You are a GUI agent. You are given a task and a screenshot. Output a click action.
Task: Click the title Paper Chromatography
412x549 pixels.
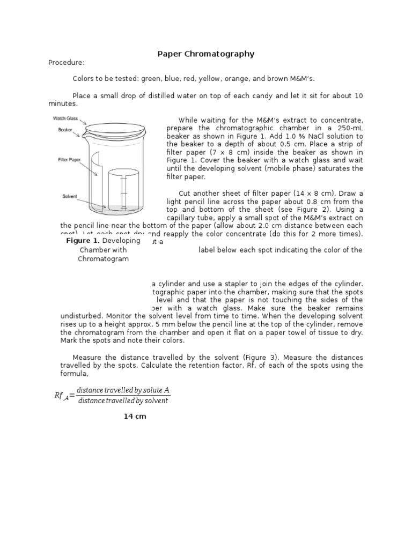click(205, 54)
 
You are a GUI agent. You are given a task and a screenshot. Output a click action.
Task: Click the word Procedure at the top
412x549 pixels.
click(67, 63)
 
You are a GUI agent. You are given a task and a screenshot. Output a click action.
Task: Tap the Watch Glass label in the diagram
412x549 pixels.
click(65, 118)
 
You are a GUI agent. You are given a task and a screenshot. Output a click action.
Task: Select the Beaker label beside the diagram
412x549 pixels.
click(65, 130)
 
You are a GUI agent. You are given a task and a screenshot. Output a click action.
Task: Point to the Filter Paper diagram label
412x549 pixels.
click(70, 159)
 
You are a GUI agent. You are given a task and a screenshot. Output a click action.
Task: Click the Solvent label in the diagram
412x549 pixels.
click(70, 197)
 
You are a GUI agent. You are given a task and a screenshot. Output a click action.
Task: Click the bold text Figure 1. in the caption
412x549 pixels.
click(83, 241)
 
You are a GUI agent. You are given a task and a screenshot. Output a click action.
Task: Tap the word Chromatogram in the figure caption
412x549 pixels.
click(104, 259)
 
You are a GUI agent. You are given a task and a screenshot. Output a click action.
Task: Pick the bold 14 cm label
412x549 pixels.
click(135, 416)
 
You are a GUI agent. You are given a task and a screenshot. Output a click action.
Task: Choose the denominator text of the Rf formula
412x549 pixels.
click(123, 401)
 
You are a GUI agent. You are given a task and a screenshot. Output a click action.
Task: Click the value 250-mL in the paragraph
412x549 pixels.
click(347, 128)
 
